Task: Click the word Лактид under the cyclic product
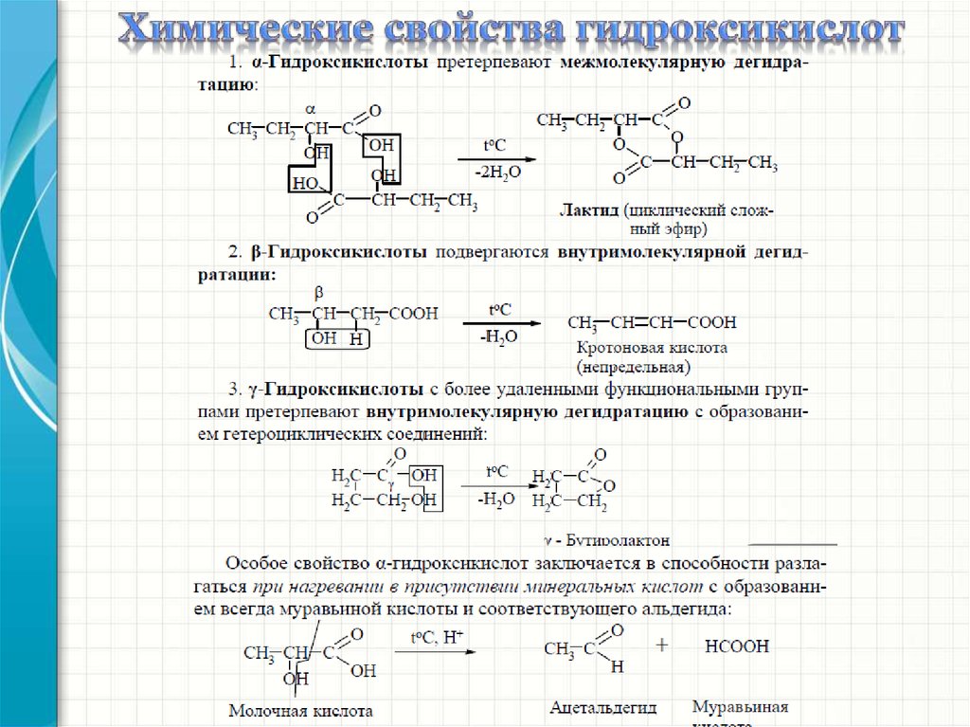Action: click(x=585, y=209)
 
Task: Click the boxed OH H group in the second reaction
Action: click(x=337, y=339)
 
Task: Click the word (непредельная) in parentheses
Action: click(x=632, y=366)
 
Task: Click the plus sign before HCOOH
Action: click(x=662, y=645)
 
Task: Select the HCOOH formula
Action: click(x=737, y=646)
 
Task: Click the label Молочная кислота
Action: click(x=301, y=710)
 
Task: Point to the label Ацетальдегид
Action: click(x=602, y=707)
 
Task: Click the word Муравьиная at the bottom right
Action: click(x=740, y=707)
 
